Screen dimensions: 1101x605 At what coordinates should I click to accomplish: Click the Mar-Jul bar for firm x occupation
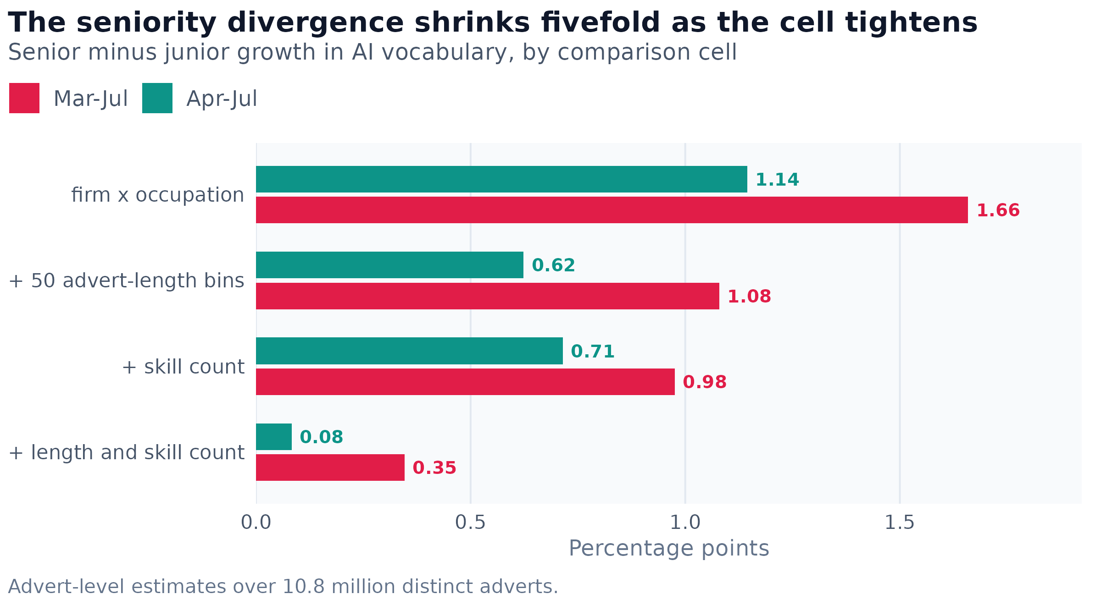click(612, 210)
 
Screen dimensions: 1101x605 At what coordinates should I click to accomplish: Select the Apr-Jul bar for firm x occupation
click(501, 179)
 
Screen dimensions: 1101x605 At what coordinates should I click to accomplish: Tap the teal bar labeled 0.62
click(389, 265)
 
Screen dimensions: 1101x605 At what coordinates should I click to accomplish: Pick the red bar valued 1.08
click(488, 296)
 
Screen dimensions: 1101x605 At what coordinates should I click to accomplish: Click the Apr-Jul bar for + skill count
click(409, 351)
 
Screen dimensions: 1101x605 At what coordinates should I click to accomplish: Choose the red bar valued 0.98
click(465, 382)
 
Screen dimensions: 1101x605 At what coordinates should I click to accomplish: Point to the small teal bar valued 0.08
click(274, 437)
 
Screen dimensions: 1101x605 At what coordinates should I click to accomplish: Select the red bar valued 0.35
click(330, 467)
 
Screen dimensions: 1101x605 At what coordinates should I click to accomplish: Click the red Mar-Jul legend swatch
click(24, 98)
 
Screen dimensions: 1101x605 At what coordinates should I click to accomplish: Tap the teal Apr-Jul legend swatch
click(157, 98)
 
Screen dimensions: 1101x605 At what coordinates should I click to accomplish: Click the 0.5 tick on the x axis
click(470, 523)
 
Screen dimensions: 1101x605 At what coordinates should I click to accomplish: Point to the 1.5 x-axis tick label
click(900, 523)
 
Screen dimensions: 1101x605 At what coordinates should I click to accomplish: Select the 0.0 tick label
click(256, 523)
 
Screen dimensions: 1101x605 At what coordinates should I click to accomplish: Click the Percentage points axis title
click(669, 549)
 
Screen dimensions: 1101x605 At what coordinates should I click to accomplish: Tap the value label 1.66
click(998, 210)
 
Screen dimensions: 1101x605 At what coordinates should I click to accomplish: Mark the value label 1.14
click(777, 180)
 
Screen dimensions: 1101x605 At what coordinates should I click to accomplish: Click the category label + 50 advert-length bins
click(127, 281)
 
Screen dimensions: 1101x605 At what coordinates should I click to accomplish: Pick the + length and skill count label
click(127, 453)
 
